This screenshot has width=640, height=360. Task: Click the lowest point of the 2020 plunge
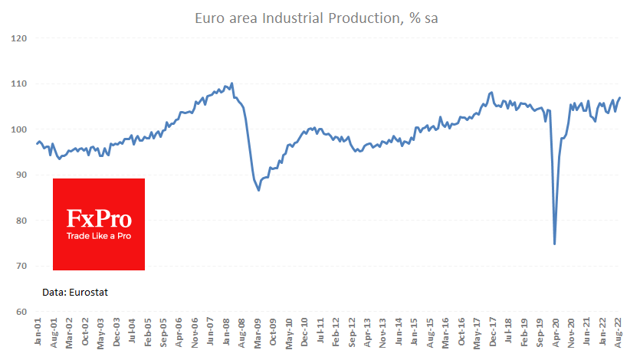[x=554, y=244]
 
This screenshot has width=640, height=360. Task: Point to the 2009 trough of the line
[x=259, y=190]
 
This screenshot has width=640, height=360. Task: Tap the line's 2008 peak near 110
[x=231, y=83]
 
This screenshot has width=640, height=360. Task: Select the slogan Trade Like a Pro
[x=99, y=236]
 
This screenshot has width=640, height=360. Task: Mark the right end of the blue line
[x=620, y=97]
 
